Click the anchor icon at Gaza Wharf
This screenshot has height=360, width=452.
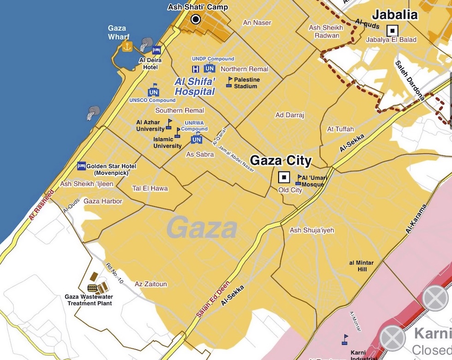click(127, 46)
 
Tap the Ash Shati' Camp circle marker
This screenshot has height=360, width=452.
click(196, 19)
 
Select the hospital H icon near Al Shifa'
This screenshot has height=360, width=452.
click(196, 69)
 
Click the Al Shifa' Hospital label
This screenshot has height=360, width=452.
click(195, 87)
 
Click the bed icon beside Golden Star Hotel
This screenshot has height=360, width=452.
click(82, 165)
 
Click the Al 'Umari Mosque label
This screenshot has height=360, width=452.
click(313, 181)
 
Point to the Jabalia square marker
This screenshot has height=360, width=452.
click(393, 30)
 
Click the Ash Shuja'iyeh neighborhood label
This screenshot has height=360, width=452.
click(312, 230)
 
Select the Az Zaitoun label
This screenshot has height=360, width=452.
click(151, 284)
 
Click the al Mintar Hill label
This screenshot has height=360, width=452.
click(361, 266)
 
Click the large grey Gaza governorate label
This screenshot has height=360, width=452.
click(202, 228)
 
